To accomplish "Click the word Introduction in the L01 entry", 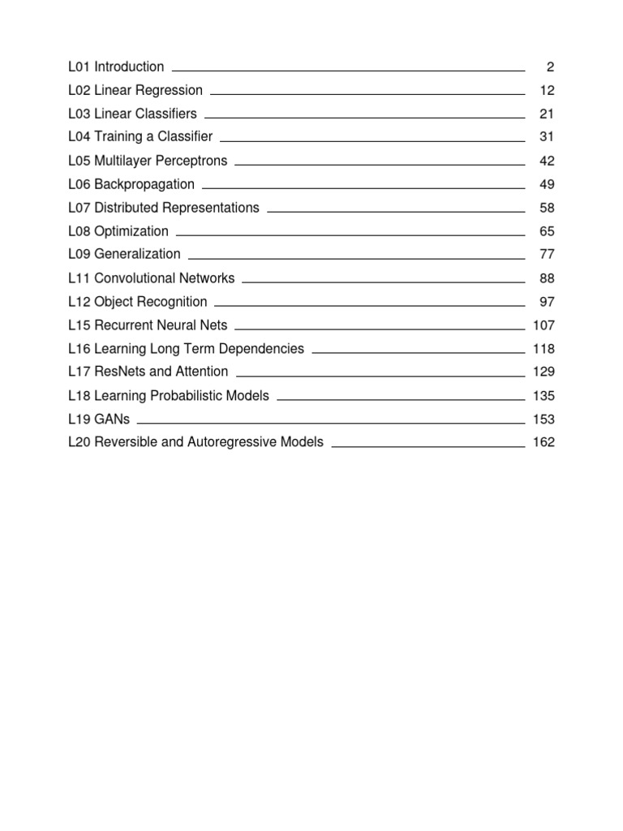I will tap(129, 67).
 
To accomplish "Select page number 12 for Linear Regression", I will tap(546, 90).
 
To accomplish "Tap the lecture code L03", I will tap(79, 114).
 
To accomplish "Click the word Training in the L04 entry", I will tap(119, 137).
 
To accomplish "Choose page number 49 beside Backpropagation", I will tap(546, 184).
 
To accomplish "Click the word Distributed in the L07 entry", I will tap(130, 208).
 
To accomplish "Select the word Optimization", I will tap(131, 231).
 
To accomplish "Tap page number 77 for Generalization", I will tap(546, 254).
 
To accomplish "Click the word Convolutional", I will tap(137, 278).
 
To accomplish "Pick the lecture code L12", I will tap(79, 302).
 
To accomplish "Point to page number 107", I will tap(544, 325).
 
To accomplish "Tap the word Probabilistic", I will tap(193, 396).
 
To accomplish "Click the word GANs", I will tap(112, 420).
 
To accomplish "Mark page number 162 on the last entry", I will tap(544, 443).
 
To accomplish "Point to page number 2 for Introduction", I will tap(550, 67).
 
